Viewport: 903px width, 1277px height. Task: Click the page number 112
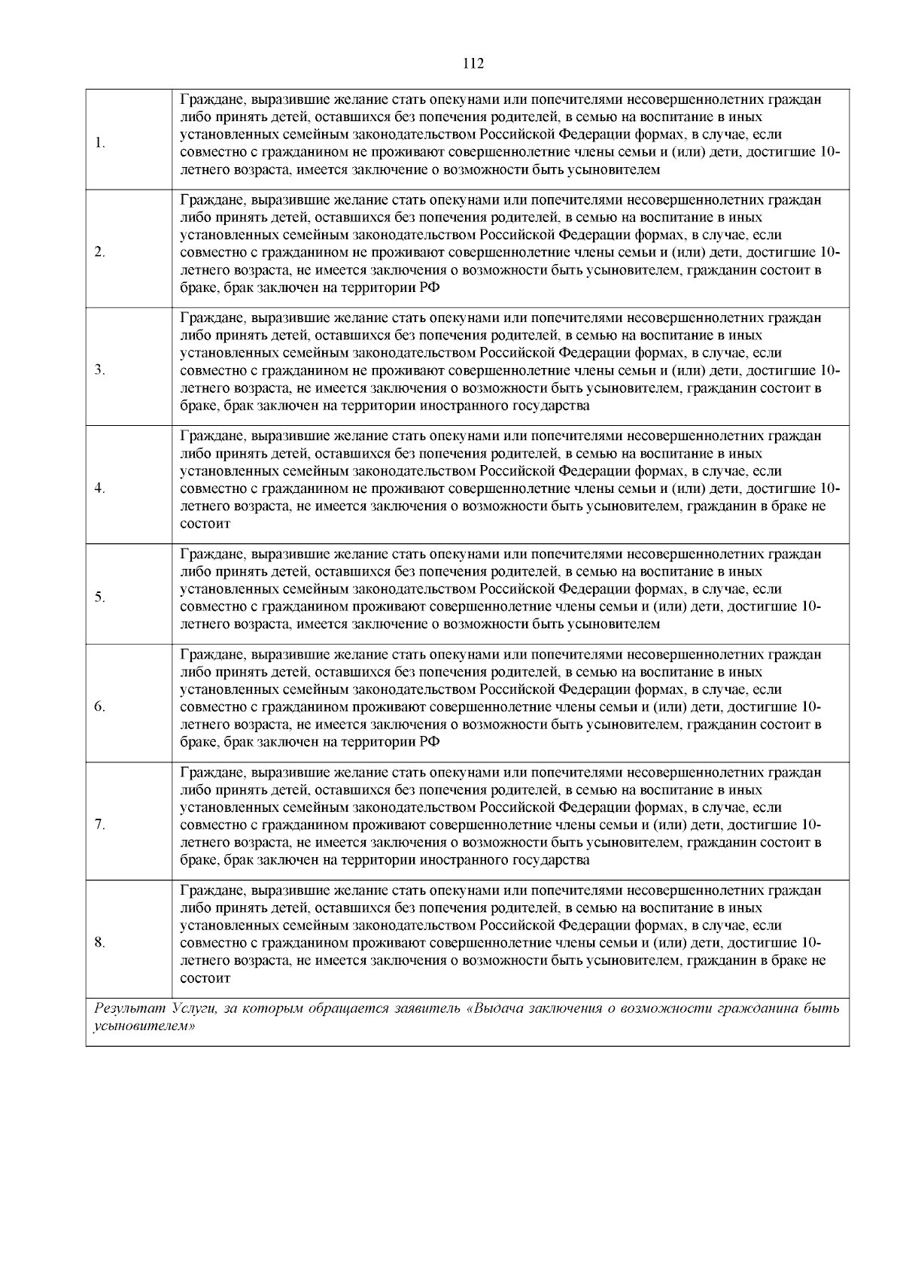[473, 63]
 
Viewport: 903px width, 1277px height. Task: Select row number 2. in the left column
[100, 252]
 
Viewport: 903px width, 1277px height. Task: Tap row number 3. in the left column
[100, 370]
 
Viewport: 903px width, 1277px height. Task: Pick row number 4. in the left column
[100, 488]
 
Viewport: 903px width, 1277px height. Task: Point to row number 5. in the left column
[100, 597]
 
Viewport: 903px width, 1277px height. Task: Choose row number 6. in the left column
[100, 707]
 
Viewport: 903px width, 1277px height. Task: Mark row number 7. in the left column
[100, 825]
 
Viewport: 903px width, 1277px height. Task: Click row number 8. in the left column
[100, 943]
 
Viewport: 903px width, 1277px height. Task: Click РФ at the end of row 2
[429, 288]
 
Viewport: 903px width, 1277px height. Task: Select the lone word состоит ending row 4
[205, 524]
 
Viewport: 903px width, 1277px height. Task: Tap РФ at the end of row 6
[429, 743]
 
